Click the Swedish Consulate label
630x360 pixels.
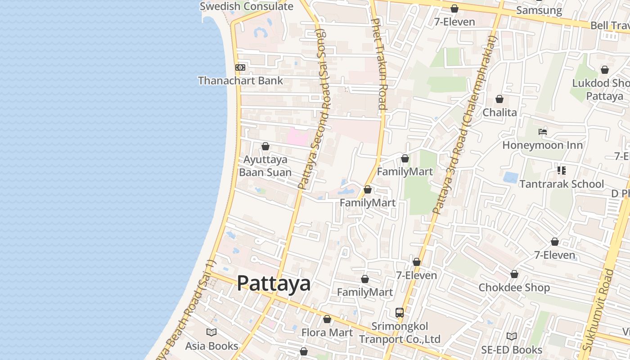[x=246, y=6]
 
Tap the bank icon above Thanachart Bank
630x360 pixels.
[x=240, y=67]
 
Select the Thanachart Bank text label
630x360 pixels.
[x=240, y=81]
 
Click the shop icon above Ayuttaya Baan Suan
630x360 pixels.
[x=265, y=146]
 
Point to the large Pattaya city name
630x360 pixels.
[x=274, y=283]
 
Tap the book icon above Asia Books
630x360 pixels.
[x=211, y=333]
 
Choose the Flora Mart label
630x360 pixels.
[x=327, y=333]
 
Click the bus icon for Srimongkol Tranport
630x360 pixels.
[x=399, y=312]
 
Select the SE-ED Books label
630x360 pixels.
[x=512, y=350]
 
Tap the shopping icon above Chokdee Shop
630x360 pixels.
[x=514, y=274]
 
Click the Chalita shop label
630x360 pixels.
[x=499, y=112]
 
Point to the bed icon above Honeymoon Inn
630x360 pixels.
[x=543, y=132]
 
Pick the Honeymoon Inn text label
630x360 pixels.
[x=542, y=145]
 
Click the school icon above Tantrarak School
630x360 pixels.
[x=561, y=171]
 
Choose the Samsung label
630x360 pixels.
[x=539, y=10]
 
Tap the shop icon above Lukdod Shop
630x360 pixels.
[x=605, y=70]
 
